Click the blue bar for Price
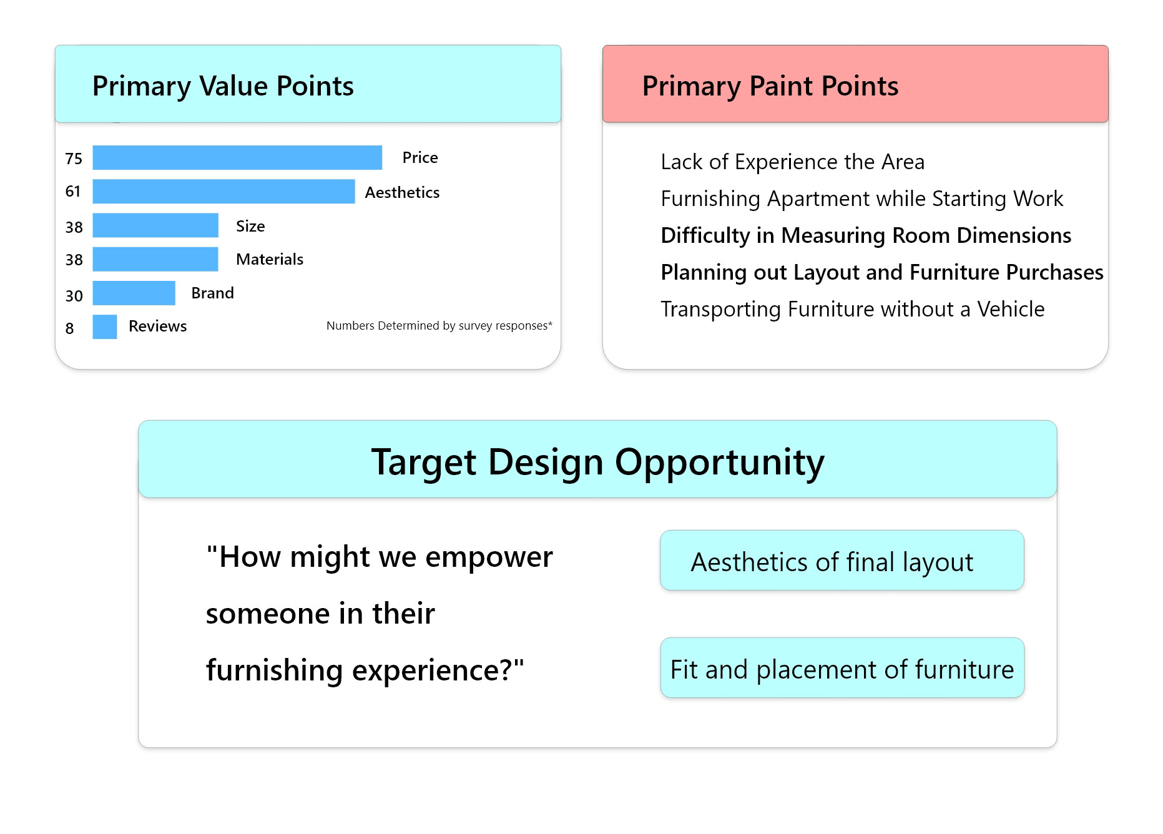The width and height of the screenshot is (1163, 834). [x=237, y=157]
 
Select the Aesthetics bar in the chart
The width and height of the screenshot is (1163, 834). [x=223, y=192]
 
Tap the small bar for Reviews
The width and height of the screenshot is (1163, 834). [x=105, y=327]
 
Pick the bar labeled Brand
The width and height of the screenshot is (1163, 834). [x=134, y=293]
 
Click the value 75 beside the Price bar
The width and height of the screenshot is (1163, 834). [x=74, y=159]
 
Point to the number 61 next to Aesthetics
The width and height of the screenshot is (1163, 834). [x=73, y=191]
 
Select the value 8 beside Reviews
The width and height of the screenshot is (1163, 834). [x=69, y=328]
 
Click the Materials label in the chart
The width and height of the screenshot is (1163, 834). [x=270, y=259]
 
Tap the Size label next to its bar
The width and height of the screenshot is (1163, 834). [x=250, y=226]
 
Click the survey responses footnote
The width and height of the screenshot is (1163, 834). [x=439, y=325]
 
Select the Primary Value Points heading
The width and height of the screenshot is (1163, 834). [x=223, y=86]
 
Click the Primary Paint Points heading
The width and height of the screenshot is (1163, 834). [x=770, y=86]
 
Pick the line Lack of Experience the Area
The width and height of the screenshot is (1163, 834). [x=792, y=162]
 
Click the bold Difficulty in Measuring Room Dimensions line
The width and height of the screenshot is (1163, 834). [x=866, y=235]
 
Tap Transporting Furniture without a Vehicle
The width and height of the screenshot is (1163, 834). [x=853, y=309]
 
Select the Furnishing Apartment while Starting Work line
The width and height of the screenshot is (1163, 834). [x=861, y=199]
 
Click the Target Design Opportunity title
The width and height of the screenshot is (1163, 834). [x=598, y=462]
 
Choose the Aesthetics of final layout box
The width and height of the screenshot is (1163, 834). [x=842, y=561]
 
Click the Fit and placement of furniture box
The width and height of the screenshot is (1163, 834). [x=842, y=668]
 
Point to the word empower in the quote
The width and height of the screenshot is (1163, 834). [x=489, y=557]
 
